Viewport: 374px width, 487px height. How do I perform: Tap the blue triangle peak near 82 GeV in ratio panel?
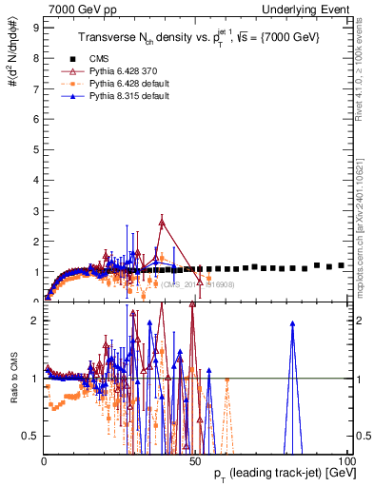292,324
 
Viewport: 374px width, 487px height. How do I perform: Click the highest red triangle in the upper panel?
163,223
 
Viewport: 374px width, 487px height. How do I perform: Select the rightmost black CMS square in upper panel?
341,265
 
